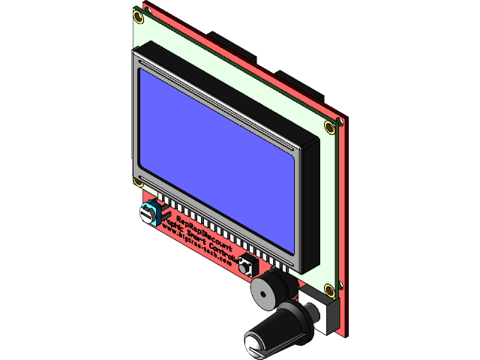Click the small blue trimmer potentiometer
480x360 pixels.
[151, 213]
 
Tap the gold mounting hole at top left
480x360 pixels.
[137, 14]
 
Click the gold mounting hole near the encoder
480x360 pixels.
[330, 289]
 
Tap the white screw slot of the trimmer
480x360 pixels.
[145, 215]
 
